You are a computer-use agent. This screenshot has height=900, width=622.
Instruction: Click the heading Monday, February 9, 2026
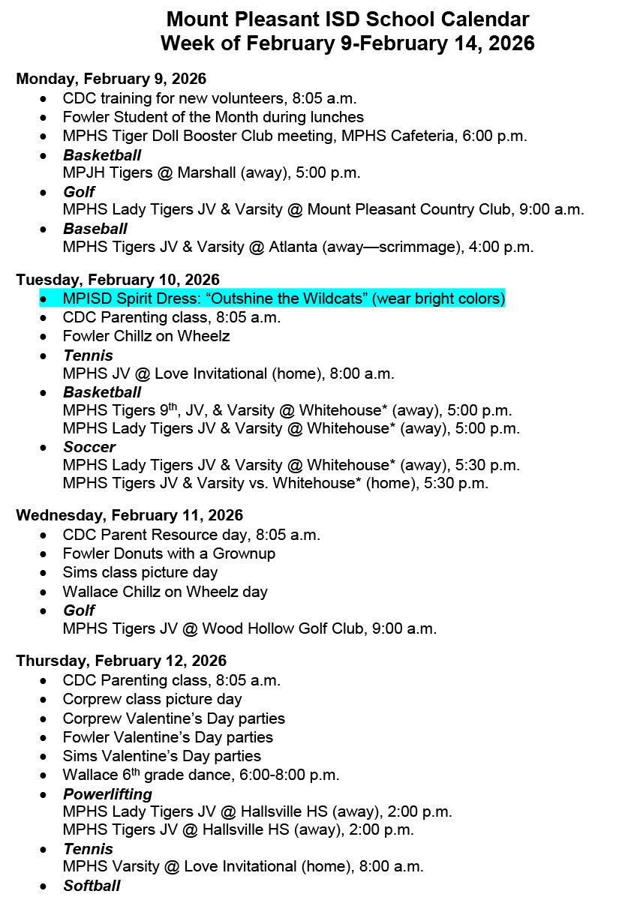(x=111, y=79)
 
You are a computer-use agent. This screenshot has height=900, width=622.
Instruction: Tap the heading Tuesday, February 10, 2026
(x=118, y=280)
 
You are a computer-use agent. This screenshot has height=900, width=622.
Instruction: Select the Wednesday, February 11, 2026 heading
(x=130, y=515)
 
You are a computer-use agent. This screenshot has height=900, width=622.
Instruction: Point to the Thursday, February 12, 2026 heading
(x=122, y=661)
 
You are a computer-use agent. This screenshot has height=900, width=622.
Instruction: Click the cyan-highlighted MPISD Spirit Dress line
(x=284, y=298)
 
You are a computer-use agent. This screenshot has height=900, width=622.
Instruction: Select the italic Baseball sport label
(x=95, y=228)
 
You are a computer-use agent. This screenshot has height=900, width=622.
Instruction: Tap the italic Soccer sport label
(x=89, y=447)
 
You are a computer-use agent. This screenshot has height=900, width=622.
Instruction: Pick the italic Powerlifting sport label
(x=107, y=793)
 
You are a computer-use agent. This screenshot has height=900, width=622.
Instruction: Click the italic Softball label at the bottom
(x=92, y=886)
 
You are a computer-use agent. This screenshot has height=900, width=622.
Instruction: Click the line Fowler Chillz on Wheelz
(x=146, y=336)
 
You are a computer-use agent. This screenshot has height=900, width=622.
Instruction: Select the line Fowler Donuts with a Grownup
(x=169, y=553)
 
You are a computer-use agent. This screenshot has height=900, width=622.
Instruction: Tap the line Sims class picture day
(x=140, y=572)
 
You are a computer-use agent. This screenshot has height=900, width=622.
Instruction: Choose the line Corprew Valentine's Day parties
(x=174, y=718)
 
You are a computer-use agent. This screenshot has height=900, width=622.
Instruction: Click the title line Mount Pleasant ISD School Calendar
(x=347, y=19)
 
